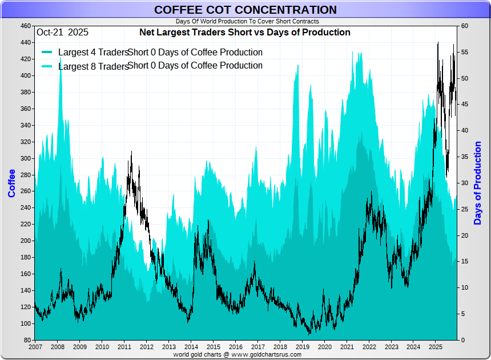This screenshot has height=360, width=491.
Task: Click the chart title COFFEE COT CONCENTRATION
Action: pos(246,10)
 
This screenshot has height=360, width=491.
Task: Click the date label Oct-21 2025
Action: pos(63,33)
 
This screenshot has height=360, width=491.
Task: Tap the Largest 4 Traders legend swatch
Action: pos(47,53)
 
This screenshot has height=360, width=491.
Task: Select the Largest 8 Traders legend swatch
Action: pos(47,66)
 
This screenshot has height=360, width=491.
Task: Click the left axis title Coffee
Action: pos(11,183)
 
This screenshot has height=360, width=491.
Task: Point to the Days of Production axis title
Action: pos(478,183)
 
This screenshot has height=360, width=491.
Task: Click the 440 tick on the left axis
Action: pos(25,42)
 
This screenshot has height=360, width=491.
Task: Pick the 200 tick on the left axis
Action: pos(25,241)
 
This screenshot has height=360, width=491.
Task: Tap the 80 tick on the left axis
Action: pos(27,340)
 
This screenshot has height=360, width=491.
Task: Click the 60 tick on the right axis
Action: pos(465,26)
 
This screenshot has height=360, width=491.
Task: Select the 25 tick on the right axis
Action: pos(465,209)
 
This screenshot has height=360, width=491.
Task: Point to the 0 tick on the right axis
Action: pos(464,340)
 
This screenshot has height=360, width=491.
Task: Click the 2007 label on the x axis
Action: pos(35,347)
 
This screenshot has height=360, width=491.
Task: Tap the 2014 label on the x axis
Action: pos(191,347)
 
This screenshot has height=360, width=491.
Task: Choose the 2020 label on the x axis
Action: pos(324,347)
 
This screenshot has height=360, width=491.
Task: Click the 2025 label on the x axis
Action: pos(436,347)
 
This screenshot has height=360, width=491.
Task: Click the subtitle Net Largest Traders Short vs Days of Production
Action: pos(245,33)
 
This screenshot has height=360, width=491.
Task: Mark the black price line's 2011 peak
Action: pos(131,152)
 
